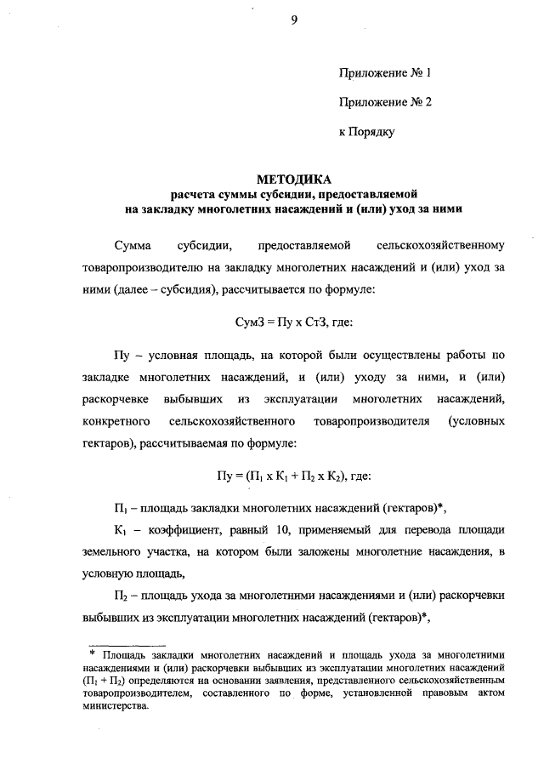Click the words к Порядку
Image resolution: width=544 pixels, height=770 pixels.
point(367,132)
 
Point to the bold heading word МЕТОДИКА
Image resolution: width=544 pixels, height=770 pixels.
point(294,180)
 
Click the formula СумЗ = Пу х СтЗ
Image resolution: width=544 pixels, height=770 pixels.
point(293,324)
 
